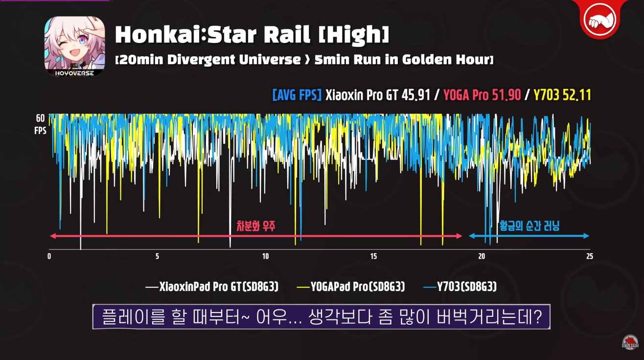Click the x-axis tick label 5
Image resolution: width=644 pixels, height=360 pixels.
pyautogui.click(x=157, y=257)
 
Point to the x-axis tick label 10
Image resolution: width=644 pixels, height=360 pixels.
pyautogui.click(x=265, y=257)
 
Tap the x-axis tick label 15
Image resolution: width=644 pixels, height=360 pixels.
pyautogui.click(x=373, y=257)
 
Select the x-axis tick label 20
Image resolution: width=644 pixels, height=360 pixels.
pyautogui.click(x=482, y=257)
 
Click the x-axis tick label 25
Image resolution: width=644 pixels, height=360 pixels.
pyautogui.click(x=589, y=257)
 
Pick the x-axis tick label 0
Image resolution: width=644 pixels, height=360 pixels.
pyautogui.click(x=49, y=257)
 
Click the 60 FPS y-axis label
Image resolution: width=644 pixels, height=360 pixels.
pyautogui.click(x=40, y=124)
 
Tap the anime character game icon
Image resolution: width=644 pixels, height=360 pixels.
pyautogui.click(x=74, y=46)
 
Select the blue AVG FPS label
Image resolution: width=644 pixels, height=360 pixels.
pyautogui.click(x=297, y=95)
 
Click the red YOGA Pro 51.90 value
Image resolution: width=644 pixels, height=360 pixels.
pyautogui.click(x=482, y=95)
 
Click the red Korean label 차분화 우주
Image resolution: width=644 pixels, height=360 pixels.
pyautogui.click(x=255, y=226)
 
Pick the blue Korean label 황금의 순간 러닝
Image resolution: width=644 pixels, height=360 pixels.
pyautogui.click(x=529, y=226)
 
